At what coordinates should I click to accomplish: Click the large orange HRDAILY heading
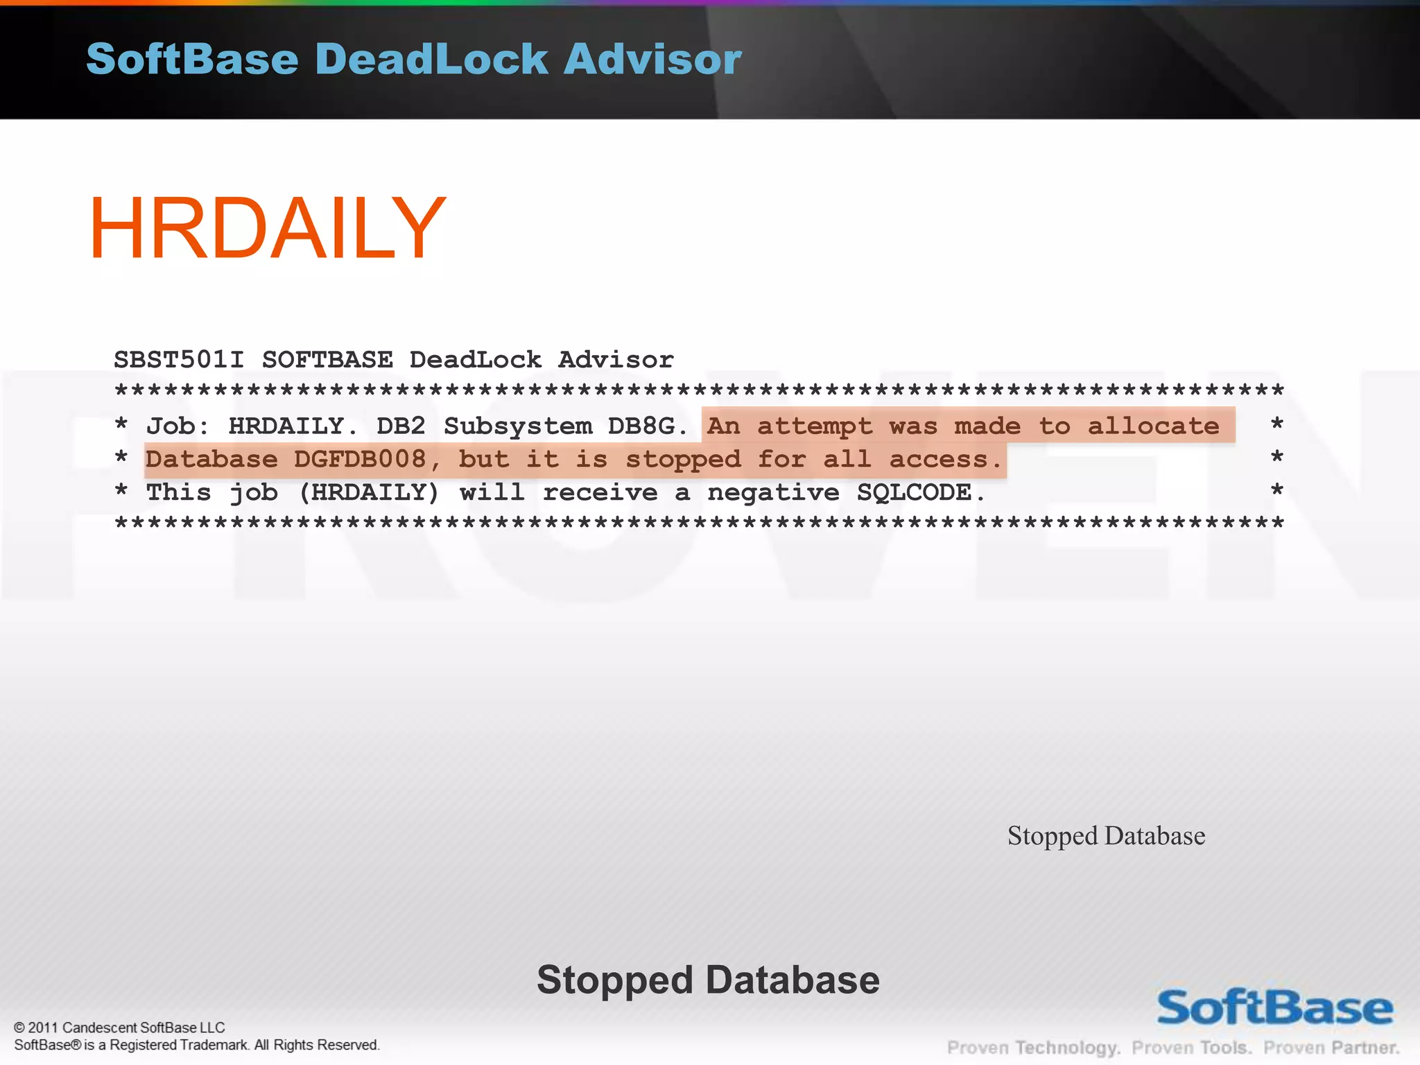(x=267, y=229)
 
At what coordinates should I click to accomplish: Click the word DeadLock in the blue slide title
(x=431, y=59)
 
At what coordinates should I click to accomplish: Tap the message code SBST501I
(x=179, y=360)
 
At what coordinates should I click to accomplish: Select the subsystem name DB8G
(x=641, y=426)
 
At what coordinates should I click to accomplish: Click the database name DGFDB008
(x=359, y=459)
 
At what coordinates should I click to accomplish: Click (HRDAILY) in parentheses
(x=369, y=492)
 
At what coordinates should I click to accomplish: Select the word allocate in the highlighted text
(x=1153, y=426)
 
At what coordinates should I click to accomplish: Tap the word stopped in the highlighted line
(x=683, y=459)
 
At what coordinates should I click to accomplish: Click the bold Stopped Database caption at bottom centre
(x=708, y=980)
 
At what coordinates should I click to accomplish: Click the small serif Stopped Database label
(x=1106, y=835)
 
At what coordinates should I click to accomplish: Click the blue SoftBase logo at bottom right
(x=1274, y=1008)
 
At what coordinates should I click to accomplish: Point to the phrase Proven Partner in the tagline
(x=1331, y=1047)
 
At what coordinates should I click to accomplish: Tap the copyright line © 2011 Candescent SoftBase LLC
(x=119, y=1028)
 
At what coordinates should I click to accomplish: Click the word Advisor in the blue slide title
(x=652, y=59)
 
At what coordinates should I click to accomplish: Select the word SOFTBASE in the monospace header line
(x=327, y=360)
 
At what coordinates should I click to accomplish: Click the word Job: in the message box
(x=177, y=426)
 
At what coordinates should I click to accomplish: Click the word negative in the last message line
(x=772, y=492)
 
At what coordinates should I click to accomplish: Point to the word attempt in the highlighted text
(x=814, y=426)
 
